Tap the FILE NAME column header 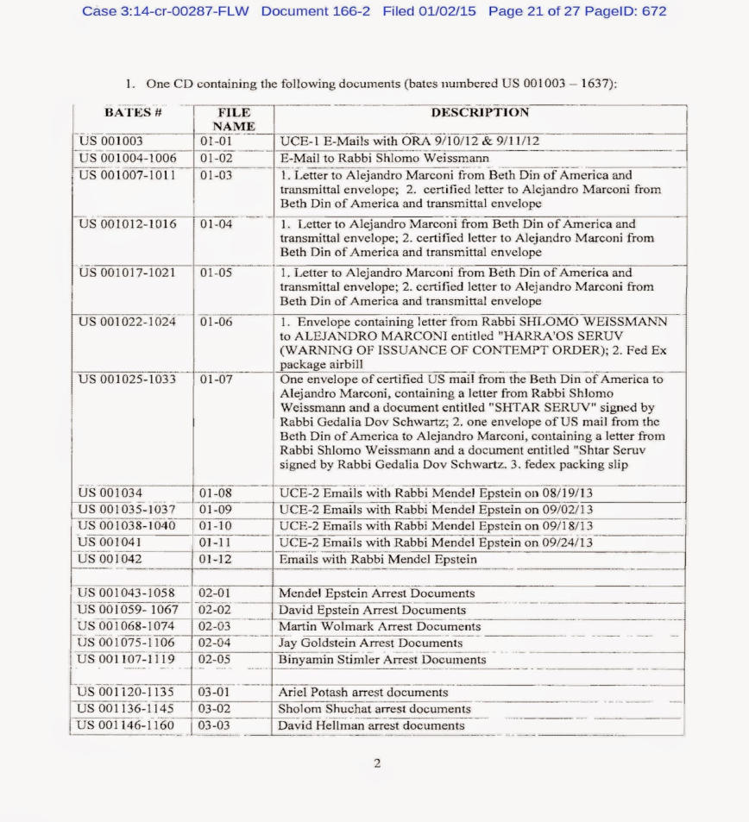pos(234,119)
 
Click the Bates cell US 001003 pos(111,141)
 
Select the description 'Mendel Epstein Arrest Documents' pos(376,593)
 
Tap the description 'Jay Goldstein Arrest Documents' pos(370,643)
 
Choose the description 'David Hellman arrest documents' pos(371,725)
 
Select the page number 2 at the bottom pos(377,763)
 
